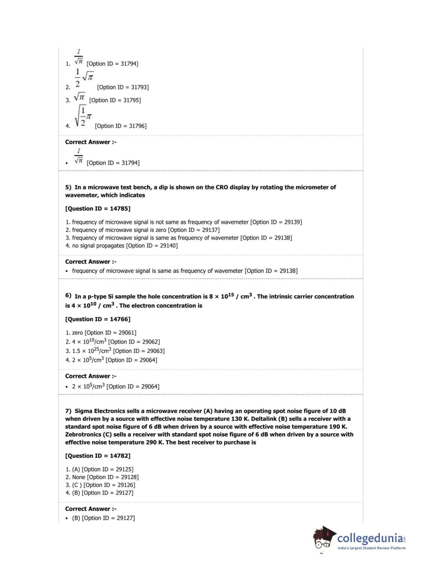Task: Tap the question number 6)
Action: click(x=68, y=296)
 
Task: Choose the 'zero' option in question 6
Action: click(x=77, y=332)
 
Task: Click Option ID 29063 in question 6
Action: click(x=139, y=351)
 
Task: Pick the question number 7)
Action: click(x=68, y=411)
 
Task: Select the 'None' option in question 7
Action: click(x=79, y=477)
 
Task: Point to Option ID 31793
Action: click(x=123, y=87)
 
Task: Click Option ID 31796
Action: click(x=121, y=126)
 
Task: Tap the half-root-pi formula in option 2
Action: click(x=84, y=78)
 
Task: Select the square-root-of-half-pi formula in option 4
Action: click(x=82, y=116)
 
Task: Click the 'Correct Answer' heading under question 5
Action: click(x=90, y=261)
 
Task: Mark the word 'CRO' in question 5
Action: click(x=222, y=187)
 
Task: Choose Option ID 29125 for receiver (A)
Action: click(x=107, y=469)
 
